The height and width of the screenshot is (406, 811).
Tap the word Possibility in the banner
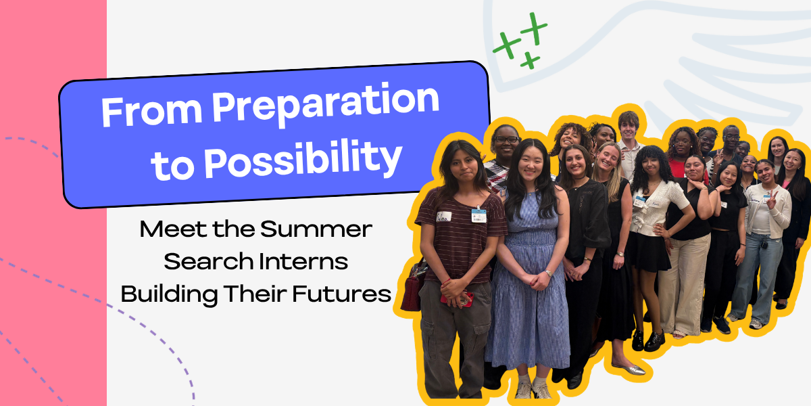coord(303,160)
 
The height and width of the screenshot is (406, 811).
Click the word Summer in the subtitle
coord(316,229)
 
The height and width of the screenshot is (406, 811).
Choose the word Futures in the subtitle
coord(342,294)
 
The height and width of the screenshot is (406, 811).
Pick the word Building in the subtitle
coord(169,294)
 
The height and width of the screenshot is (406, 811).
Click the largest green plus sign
coord(534,28)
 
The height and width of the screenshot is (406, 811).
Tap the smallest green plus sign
coord(530,60)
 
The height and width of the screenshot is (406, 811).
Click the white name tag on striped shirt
coord(444,217)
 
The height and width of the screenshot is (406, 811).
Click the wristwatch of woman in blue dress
coord(548,273)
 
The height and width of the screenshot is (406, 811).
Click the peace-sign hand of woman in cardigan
coord(772,198)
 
